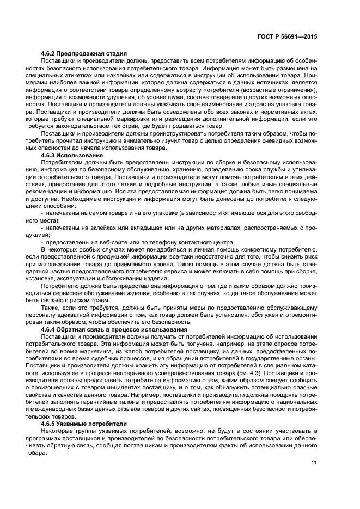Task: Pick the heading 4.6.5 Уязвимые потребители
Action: point(84,423)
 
